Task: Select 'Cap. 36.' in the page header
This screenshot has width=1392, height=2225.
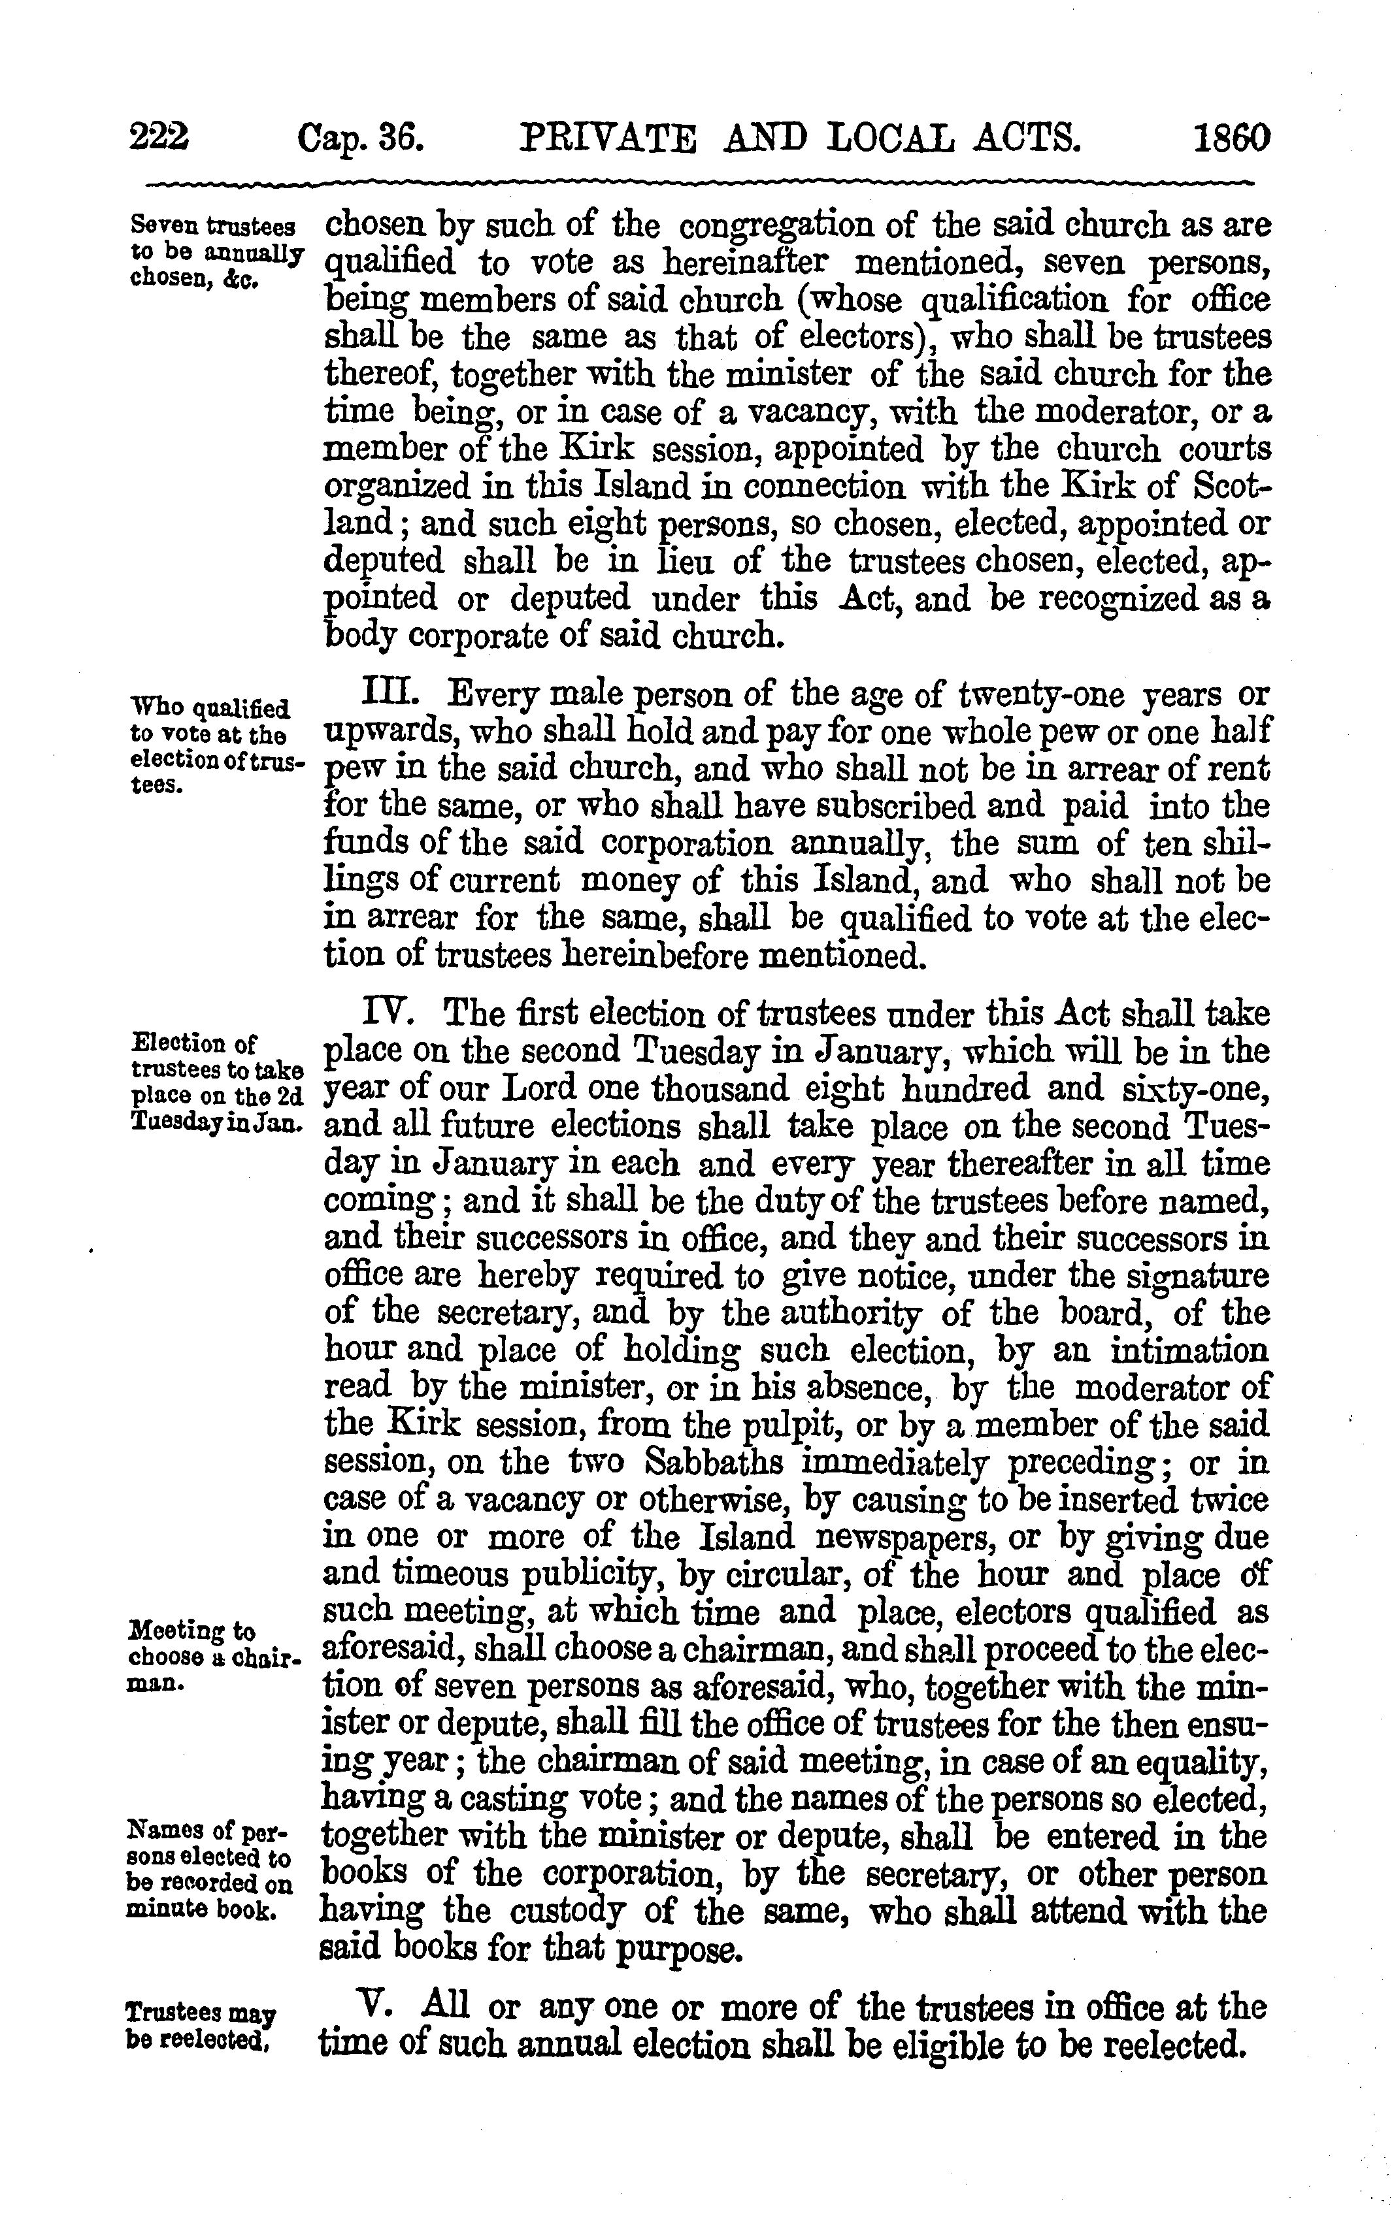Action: tap(360, 139)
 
